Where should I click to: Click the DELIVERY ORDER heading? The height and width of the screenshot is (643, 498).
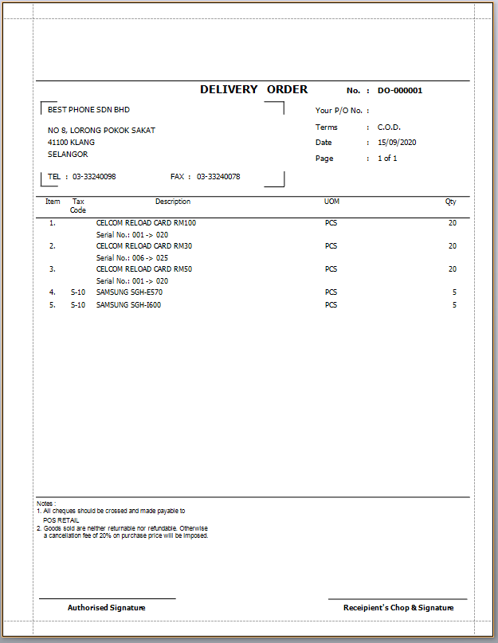[x=253, y=90]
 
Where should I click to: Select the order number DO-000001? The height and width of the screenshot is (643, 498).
[x=400, y=91]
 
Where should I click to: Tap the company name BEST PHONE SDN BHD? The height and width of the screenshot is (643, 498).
[x=88, y=110]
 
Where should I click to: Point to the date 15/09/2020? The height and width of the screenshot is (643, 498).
[x=397, y=143]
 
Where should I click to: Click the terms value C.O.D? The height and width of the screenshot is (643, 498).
[x=389, y=127]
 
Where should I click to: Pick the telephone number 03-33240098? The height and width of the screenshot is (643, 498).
[x=94, y=177]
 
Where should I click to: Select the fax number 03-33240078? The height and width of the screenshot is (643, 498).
[x=218, y=177]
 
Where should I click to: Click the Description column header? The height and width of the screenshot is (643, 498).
[x=173, y=202]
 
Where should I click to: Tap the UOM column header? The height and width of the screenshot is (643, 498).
[x=331, y=202]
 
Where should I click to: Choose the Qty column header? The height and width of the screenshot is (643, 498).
[x=451, y=202]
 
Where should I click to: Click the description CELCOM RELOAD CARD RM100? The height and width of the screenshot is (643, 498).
[x=146, y=223]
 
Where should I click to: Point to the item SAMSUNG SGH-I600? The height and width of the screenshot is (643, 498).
[x=128, y=305]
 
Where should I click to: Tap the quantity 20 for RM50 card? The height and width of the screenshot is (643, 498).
[x=453, y=269]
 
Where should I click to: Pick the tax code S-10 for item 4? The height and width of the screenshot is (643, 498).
[x=78, y=292]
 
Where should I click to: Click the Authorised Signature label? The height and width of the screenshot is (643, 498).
[x=107, y=608]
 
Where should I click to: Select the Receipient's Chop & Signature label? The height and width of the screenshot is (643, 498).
[x=398, y=608]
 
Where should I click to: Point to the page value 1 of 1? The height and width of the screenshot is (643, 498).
[x=387, y=159]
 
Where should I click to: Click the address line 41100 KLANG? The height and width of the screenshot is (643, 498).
[x=71, y=143]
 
